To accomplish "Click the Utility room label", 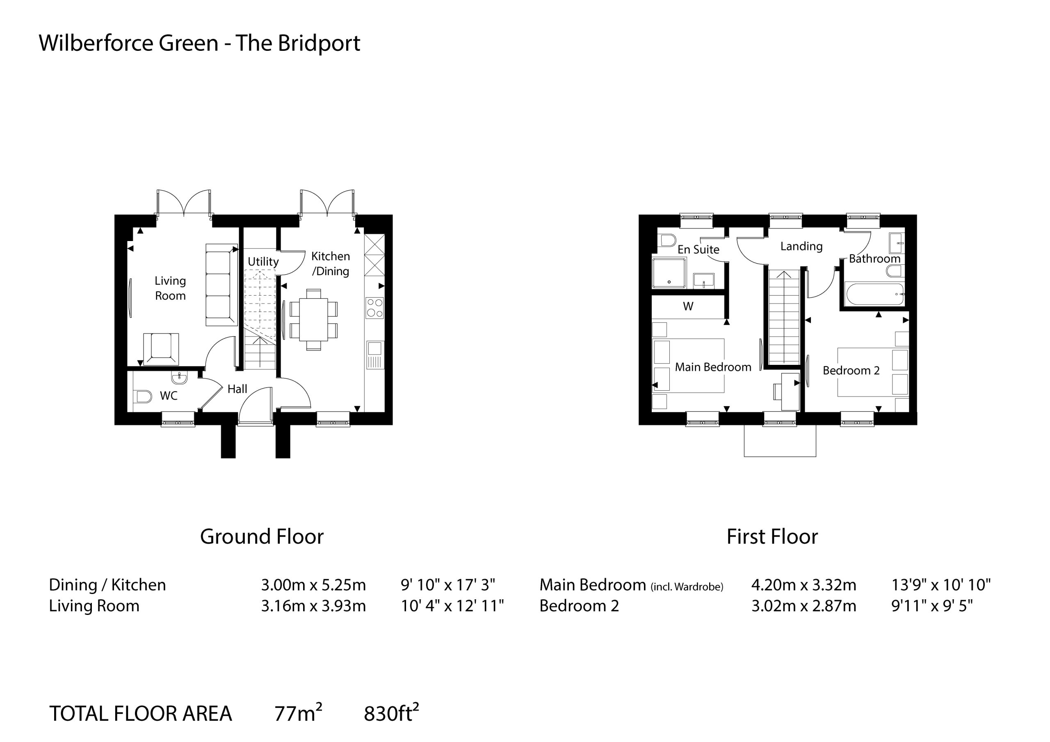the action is click(x=263, y=262).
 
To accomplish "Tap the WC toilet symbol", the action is click(x=143, y=396).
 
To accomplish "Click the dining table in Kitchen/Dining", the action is click(x=314, y=320).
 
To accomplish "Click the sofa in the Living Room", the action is click(x=221, y=285).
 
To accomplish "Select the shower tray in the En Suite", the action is click(x=669, y=273).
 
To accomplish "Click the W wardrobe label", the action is click(x=688, y=306).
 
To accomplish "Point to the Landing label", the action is click(x=801, y=246).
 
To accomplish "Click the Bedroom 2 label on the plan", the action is click(x=851, y=370).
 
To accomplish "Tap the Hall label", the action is click(x=237, y=389).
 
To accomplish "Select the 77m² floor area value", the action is click(x=298, y=713).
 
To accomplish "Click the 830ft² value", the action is click(x=391, y=713).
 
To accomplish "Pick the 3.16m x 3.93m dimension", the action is click(x=313, y=606).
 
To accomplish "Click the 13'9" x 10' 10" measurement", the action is click(x=941, y=585).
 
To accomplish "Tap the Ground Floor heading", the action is click(x=262, y=536).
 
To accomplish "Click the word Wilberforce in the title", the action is click(x=96, y=43).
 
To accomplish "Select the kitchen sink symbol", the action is click(x=374, y=355).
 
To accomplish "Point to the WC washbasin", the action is click(x=180, y=378).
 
